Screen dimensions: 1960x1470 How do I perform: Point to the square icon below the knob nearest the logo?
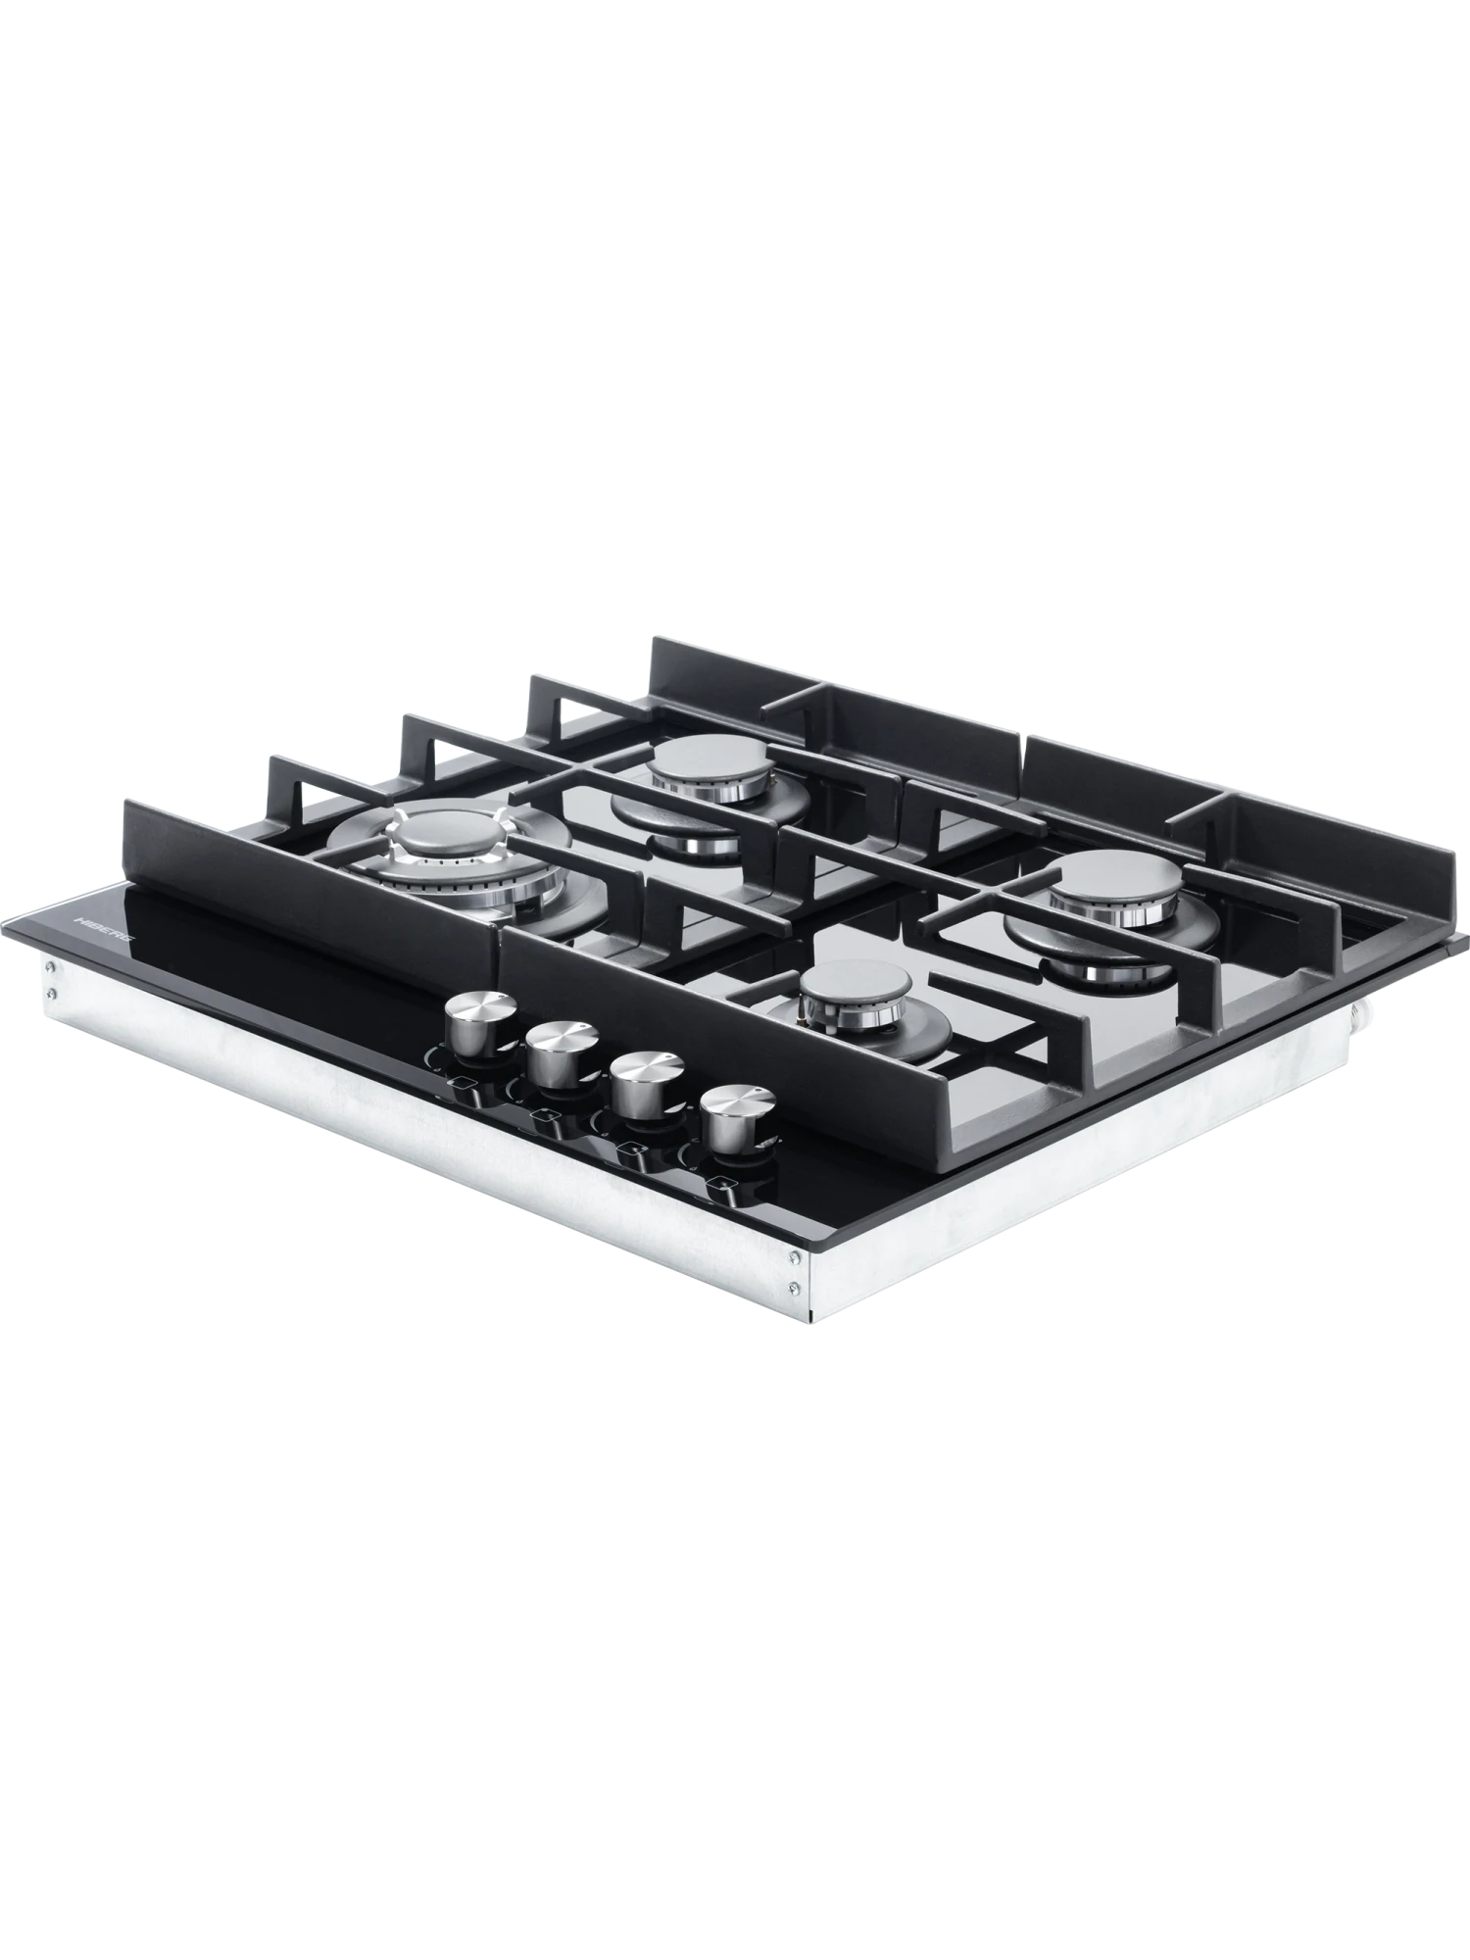[x=461, y=1084]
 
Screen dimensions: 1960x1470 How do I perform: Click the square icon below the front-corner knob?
[x=722, y=1184]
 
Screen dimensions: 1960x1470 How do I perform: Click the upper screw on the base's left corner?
[x=53, y=969]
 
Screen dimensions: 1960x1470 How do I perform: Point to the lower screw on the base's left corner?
[x=53, y=993]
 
